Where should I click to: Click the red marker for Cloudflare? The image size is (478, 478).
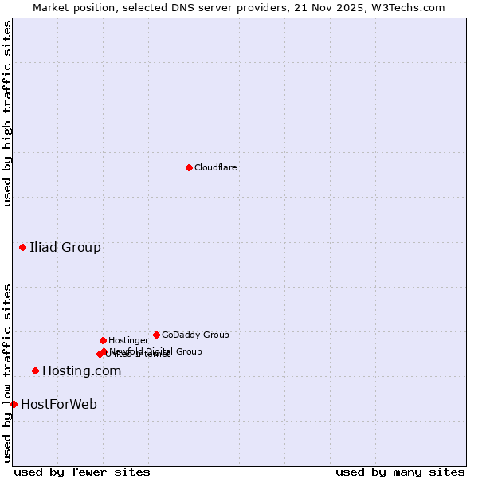pos(189,167)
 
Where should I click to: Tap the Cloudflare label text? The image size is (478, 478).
pos(216,168)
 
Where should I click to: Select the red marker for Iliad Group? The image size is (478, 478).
pos(22,247)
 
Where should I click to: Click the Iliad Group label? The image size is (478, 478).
pos(65,247)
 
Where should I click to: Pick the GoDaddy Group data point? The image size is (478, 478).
pos(156,335)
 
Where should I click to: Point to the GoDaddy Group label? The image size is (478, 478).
pos(195,335)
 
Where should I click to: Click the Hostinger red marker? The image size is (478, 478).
pos(103,340)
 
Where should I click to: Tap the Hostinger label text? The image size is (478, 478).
pos(128,341)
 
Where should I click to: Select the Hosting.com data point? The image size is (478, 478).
pos(35,370)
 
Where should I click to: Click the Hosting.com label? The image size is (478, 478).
pos(81,370)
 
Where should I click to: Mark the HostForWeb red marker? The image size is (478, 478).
pos(14,404)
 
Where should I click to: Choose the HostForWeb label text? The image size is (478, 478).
pos(59,404)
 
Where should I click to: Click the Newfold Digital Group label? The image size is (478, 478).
pos(156,351)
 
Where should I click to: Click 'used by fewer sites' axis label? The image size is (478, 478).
pos(82,472)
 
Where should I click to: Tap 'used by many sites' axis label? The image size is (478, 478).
pos(400,472)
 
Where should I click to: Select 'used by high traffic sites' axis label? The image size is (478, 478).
pos(7,113)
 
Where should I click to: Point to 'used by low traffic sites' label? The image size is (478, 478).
pos(7,373)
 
